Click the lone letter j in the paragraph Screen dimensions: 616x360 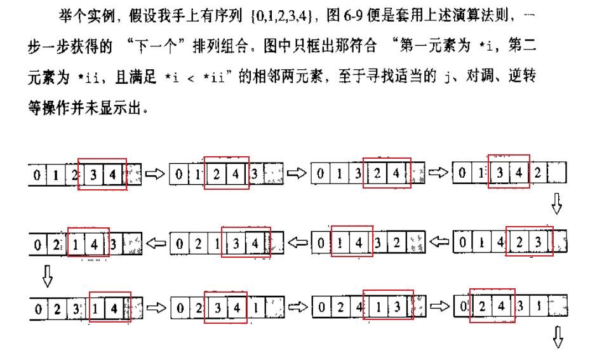(450, 77)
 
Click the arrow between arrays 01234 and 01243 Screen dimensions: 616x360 (155, 173)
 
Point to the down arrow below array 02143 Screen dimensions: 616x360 (46, 276)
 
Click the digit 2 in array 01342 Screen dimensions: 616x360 (537, 173)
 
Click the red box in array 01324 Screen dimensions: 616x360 (387, 173)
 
